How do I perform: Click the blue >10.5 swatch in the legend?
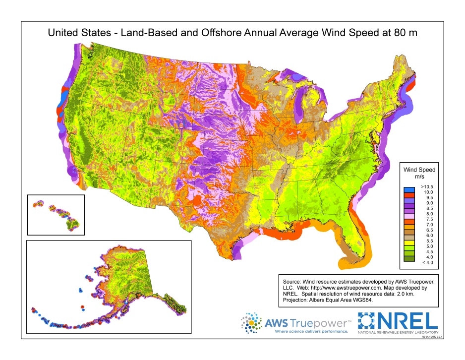[x=409, y=189]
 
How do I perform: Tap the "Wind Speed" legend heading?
[x=420, y=169]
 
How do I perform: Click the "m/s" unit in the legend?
[x=420, y=176]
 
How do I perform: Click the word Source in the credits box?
[x=291, y=281]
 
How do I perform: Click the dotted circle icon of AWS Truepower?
[x=252, y=323]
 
